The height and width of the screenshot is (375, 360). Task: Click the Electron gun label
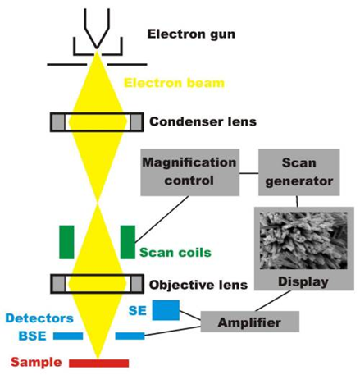tap(191, 34)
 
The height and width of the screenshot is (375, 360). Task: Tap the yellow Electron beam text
tap(174, 83)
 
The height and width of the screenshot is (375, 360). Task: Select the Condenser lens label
tap(203, 121)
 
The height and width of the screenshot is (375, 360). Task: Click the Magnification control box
tap(189, 172)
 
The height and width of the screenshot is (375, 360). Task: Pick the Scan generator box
tap(299, 172)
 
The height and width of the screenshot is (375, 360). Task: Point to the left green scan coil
tap(66, 242)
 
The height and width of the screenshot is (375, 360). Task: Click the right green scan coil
tap(128, 242)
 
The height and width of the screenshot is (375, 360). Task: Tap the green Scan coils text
tap(175, 253)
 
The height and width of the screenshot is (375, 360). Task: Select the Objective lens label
tap(198, 285)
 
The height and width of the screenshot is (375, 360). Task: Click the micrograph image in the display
tap(303, 240)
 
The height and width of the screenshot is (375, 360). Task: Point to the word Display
tap(303, 281)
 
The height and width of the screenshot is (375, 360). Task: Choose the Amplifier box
tap(250, 322)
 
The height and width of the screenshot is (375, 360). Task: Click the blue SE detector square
tap(166, 310)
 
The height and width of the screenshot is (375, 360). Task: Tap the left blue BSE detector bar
tap(68, 336)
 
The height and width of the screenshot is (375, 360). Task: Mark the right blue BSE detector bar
tap(130, 336)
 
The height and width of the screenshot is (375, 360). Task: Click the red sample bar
tap(98, 364)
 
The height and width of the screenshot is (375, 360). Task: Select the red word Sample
tap(36, 363)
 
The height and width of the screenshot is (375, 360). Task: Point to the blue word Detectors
tap(39, 318)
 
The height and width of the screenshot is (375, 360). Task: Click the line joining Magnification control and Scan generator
tap(249, 173)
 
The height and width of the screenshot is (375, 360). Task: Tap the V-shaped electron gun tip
tap(97, 48)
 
